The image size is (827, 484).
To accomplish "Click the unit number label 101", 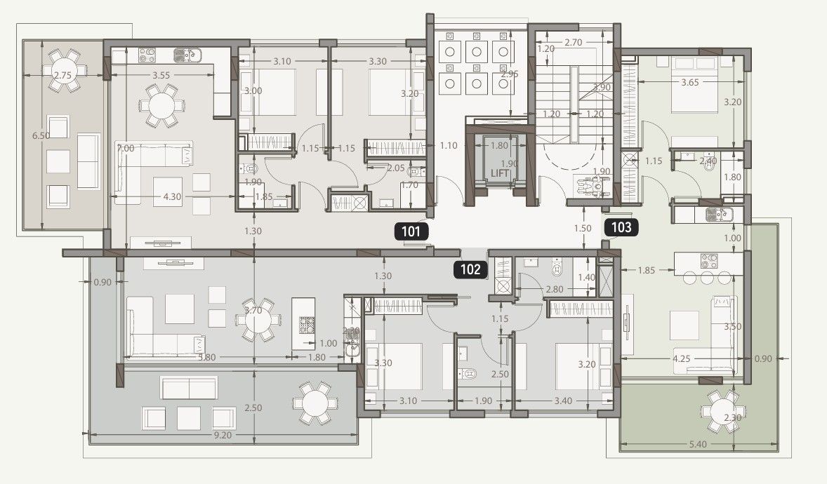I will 411,232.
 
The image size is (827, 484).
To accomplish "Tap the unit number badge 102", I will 470,269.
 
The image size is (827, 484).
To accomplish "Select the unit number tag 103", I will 621,227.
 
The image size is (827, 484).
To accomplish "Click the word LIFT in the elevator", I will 499,173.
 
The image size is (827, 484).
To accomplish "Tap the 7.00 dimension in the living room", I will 126,149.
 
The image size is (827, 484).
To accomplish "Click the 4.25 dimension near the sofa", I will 682,359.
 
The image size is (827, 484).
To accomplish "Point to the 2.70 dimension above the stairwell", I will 573,43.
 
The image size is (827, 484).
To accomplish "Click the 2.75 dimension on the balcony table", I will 62,75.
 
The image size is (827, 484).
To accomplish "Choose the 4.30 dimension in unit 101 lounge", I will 172,197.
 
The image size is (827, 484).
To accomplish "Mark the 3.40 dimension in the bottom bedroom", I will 564,401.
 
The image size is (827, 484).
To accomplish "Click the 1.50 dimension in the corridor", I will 582,229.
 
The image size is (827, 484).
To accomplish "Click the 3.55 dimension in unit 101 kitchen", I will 162,74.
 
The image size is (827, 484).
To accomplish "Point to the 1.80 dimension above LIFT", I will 498,146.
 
